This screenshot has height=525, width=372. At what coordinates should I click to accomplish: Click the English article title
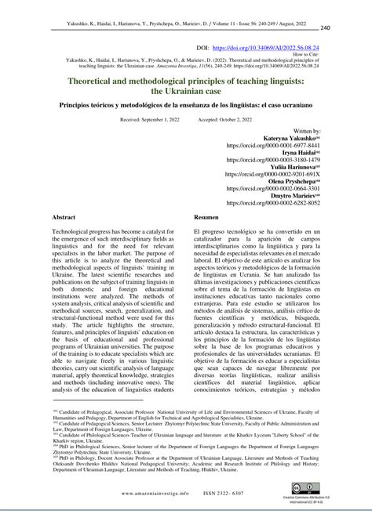pyautogui.click(x=186, y=88)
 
